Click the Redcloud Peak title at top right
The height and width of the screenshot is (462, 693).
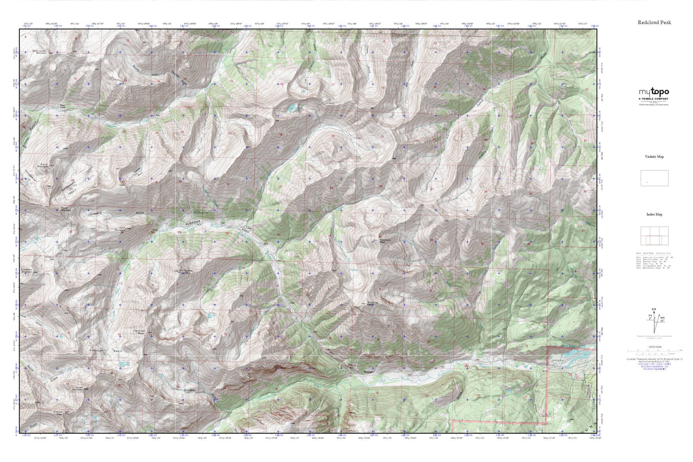654,22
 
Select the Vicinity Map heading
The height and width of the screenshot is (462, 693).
654,157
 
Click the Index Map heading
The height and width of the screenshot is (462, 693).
654,214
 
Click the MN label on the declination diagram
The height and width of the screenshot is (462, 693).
662,317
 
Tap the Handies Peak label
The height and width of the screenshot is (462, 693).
139,332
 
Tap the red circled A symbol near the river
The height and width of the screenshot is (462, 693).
466,365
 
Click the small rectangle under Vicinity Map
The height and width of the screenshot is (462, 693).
654,178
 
